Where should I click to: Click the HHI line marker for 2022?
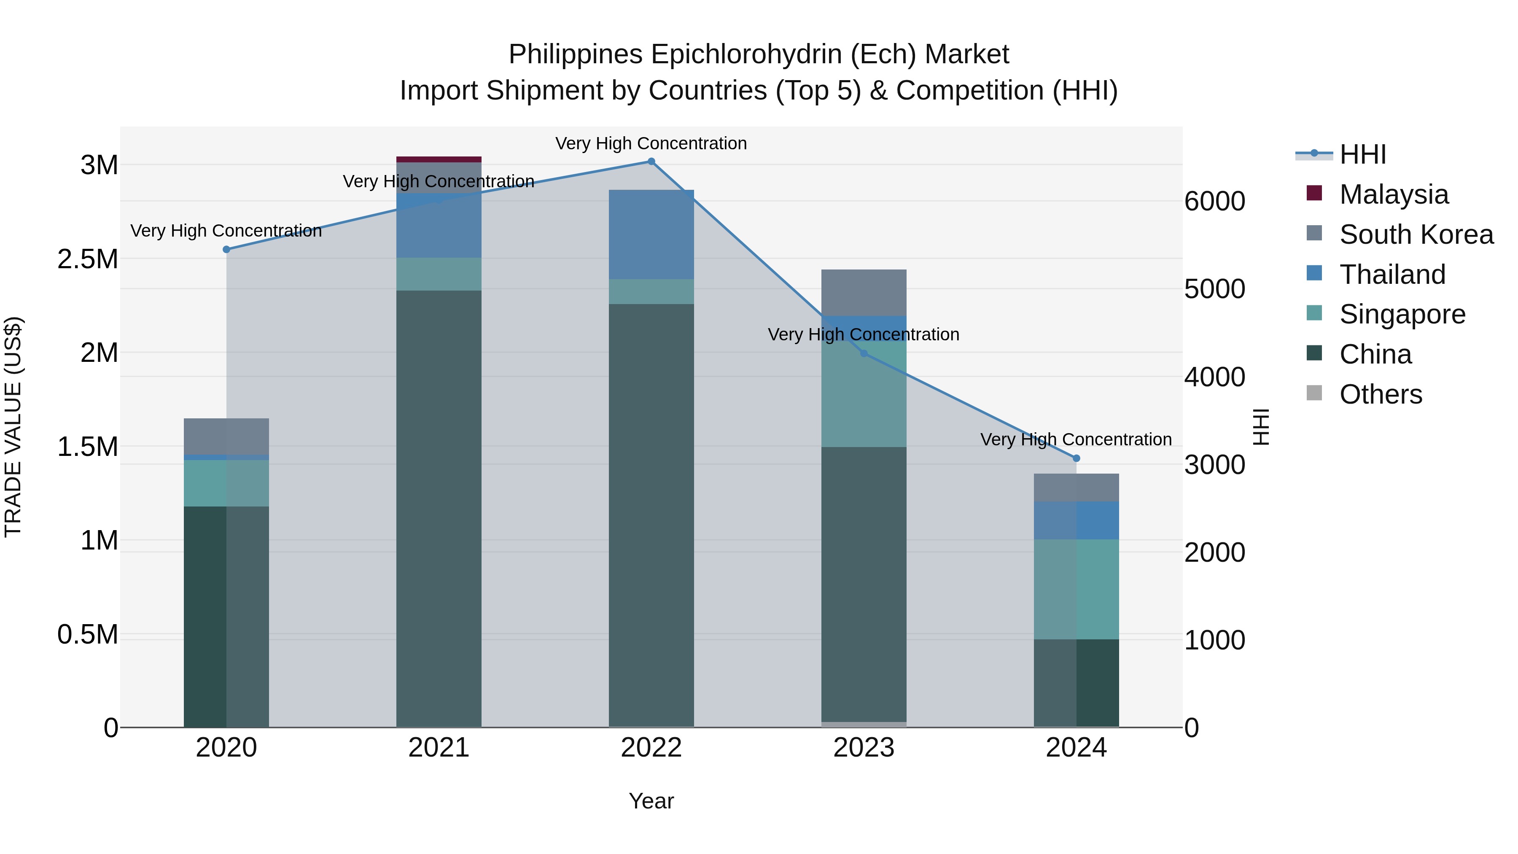(x=651, y=162)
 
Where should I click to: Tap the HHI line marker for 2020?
(x=226, y=249)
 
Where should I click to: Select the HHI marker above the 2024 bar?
(x=1076, y=458)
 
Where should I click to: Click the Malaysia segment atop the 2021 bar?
(x=439, y=159)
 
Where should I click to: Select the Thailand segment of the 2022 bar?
(x=651, y=234)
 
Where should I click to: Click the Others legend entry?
(x=1380, y=394)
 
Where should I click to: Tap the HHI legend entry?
(x=1362, y=154)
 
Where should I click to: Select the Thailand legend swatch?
(x=1314, y=273)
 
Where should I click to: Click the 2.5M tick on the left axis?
(x=88, y=259)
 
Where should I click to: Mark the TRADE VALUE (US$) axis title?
(x=13, y=427)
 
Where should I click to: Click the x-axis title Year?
(x=651, y=801)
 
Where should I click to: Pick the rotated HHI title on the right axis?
(x=1260, y=427)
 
